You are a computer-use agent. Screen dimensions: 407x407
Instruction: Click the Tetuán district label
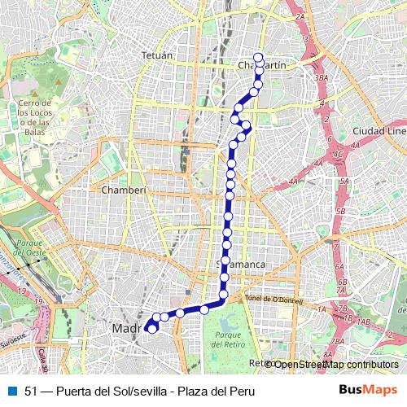coord(159,55)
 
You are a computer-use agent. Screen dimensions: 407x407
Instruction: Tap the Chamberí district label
coord(124,190)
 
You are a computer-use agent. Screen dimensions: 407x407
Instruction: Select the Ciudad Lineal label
coord(379,130)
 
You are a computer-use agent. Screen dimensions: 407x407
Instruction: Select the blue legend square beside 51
coord(12,391)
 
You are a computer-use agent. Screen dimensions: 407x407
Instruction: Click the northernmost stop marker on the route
coord(259,57)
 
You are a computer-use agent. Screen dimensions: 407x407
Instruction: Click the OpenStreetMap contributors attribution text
coord(335,365)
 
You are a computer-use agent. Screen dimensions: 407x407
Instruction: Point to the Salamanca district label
coord(244,265)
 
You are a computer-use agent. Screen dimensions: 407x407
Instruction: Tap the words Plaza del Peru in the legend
coord(220,392)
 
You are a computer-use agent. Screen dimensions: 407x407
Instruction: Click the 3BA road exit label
coord(320,78)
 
